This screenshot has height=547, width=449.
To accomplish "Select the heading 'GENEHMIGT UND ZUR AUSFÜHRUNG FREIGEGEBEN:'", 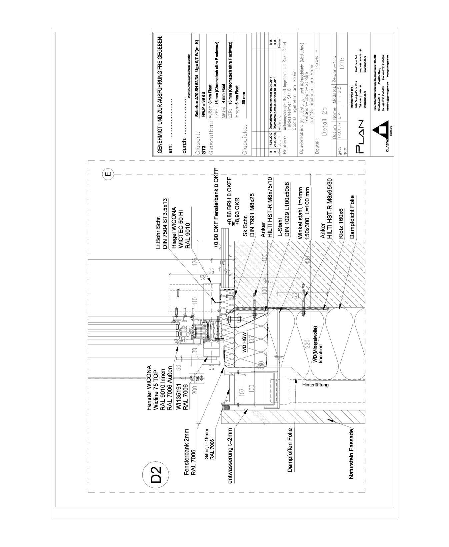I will coord(159,94).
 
